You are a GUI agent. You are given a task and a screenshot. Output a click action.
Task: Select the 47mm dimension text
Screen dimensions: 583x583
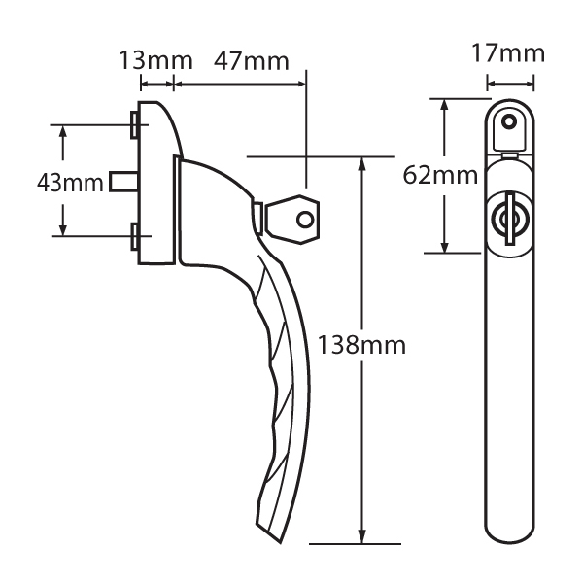(250, 60)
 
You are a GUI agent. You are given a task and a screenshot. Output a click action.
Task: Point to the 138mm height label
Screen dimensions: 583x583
(360, 345)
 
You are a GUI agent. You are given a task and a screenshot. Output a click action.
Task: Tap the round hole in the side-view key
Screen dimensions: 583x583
(305, 220)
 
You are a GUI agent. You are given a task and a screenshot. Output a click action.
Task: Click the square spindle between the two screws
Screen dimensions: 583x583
(122, 181)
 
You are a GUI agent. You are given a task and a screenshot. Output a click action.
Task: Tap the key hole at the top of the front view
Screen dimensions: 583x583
(506, 123)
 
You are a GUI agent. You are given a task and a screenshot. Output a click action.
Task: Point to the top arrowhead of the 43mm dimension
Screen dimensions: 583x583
(64, 130)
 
